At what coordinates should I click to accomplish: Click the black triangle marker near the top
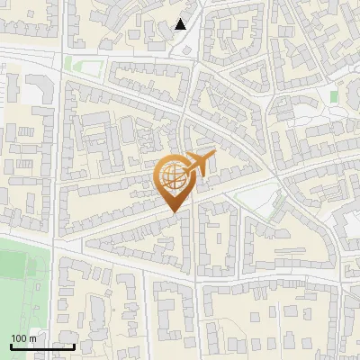tap(181, 24)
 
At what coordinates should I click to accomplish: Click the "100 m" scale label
tap(23, 337)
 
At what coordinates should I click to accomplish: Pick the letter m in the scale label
tap(32, 337)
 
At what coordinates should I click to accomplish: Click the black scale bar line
tap(41, 346)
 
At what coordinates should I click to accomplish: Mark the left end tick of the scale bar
tap(10, 345)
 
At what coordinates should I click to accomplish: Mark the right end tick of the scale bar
tap(74, 345)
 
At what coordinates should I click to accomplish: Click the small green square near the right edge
tap(334, 95)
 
